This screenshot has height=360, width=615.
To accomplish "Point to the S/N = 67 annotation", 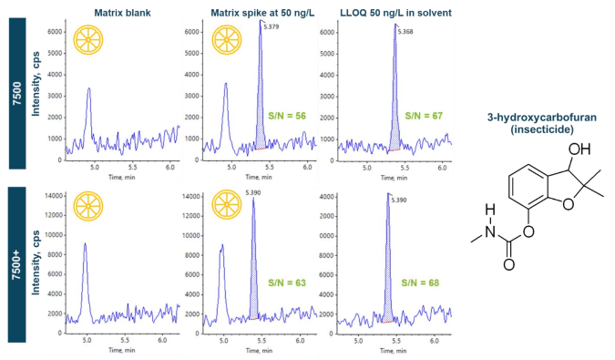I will (425, 117).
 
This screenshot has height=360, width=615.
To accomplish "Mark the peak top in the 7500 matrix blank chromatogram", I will (88, 88).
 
